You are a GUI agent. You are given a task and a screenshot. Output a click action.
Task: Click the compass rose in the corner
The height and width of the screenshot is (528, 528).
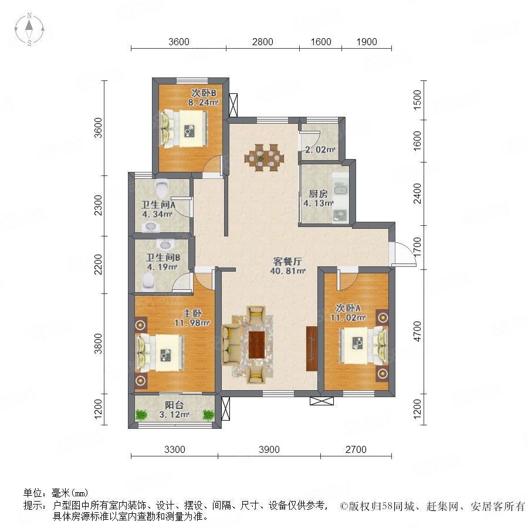click(x=29, y=29)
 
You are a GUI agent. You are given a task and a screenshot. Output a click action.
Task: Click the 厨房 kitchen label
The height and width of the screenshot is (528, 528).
click(x=318, y=194)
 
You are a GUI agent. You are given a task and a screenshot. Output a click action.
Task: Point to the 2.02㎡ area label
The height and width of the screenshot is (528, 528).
click(x=320, y=149)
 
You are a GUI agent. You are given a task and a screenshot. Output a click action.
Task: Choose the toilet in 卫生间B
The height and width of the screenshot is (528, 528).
click(x=148, y=282)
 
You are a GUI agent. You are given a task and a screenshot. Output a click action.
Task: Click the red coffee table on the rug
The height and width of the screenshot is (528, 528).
click(x=256, y=345)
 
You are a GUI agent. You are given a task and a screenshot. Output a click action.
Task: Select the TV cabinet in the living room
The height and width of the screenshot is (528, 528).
click(x=312, y=348)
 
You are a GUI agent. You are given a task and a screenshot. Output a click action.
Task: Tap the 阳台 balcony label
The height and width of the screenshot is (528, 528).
click(x=174, y=405)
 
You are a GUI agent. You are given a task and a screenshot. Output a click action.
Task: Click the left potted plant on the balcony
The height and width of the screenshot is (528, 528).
click(x=142, y=414)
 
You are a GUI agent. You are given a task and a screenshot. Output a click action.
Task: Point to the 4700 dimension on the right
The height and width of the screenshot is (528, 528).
click(x=417, y=331)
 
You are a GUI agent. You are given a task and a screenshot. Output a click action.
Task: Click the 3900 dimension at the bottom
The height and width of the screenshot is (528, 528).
click(x=269, y=449)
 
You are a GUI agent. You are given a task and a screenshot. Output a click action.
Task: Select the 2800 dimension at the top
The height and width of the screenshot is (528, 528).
click(x=263, y=42)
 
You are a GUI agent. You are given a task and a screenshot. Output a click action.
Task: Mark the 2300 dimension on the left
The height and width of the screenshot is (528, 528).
click(x=98, y=205)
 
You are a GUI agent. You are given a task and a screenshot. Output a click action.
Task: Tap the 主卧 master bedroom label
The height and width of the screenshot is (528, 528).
click(x=192, y=313)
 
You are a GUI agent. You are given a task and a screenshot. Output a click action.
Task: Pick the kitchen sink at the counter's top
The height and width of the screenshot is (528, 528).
click(x=340, y=189)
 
